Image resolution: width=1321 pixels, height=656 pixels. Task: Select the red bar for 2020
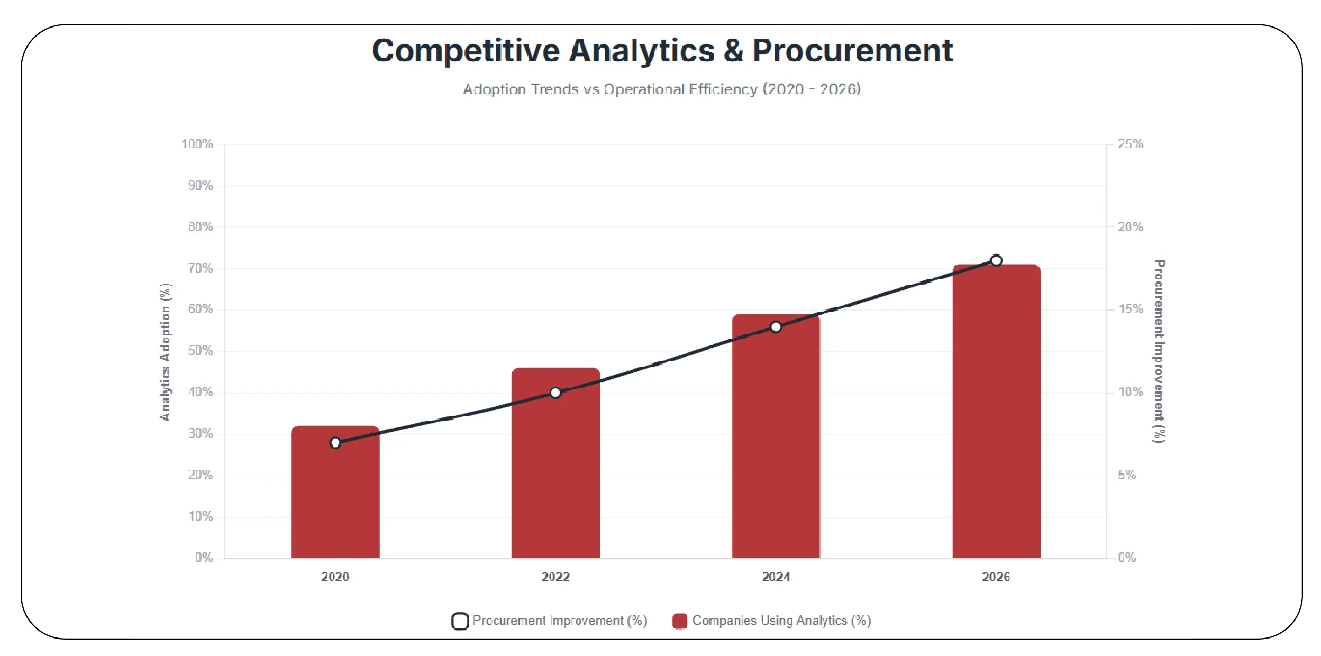click(335, 497)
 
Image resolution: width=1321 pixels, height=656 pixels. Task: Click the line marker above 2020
click(335, 442)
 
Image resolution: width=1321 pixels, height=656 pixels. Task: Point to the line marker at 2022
click(555, 393)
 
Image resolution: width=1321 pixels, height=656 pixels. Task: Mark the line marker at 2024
click(776, 327)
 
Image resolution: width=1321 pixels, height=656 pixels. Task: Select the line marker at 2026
click(996, 261)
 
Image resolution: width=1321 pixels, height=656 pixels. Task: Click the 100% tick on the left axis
click(197, 144)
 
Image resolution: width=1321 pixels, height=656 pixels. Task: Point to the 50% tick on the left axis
click(200, 351)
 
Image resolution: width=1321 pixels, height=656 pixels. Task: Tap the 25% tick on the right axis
click(1130, 144)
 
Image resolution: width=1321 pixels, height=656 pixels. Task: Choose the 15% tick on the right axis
click(1130, 309)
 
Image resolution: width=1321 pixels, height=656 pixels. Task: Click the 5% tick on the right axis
click(1127, 475)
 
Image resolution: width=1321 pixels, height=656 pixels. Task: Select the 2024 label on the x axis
click(776, 577)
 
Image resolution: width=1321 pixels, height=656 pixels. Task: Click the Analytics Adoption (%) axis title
click(166, 352)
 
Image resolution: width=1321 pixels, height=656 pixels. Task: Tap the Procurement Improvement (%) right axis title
click(1159, 351)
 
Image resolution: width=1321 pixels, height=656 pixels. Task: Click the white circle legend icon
click(460, 621)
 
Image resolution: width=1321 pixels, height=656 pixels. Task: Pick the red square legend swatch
click(679, 621)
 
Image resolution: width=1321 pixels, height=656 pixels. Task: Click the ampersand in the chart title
click(733, 51)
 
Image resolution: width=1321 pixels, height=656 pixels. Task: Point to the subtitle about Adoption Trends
click(662, 89)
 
